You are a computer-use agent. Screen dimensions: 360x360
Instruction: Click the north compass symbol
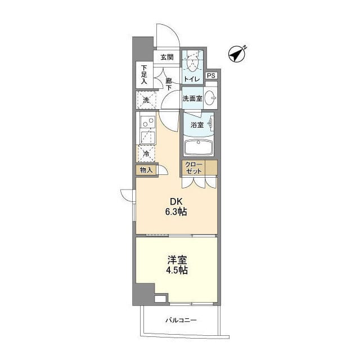coord(237,54)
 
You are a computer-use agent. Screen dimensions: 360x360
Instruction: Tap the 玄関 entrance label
coord(167,57)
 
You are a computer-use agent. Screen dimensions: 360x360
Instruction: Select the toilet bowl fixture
coord(192,62)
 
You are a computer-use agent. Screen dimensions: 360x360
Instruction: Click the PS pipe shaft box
coord(211,75)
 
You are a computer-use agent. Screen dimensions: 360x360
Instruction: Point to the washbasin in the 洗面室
coord(210,98)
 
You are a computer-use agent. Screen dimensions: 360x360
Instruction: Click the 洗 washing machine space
coord(146,100)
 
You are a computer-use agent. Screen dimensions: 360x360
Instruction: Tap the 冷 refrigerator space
coord(146,154)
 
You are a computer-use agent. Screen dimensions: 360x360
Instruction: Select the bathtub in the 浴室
coord(198,147)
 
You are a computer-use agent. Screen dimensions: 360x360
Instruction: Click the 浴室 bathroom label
coord(197,125)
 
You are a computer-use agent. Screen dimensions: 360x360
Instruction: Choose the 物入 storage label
coord(146,170)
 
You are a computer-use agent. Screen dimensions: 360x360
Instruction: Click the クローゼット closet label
coord(193,168)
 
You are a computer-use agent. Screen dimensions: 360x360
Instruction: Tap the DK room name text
coord(176,201)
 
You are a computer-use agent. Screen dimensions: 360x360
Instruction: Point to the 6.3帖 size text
coord(176,211)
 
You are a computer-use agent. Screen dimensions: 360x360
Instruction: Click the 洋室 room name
coord(177,260)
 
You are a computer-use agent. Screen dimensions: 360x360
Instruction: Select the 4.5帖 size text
coord(177,270)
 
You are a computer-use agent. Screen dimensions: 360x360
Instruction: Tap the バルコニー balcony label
coord(181,320)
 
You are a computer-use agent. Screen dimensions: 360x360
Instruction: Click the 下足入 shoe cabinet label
coord(144,74)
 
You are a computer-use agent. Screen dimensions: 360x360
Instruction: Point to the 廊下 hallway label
coord(169,84)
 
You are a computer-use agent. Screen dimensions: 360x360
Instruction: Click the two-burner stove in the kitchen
coord(148,122)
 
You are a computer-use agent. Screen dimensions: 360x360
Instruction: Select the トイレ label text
coord(192,79)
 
